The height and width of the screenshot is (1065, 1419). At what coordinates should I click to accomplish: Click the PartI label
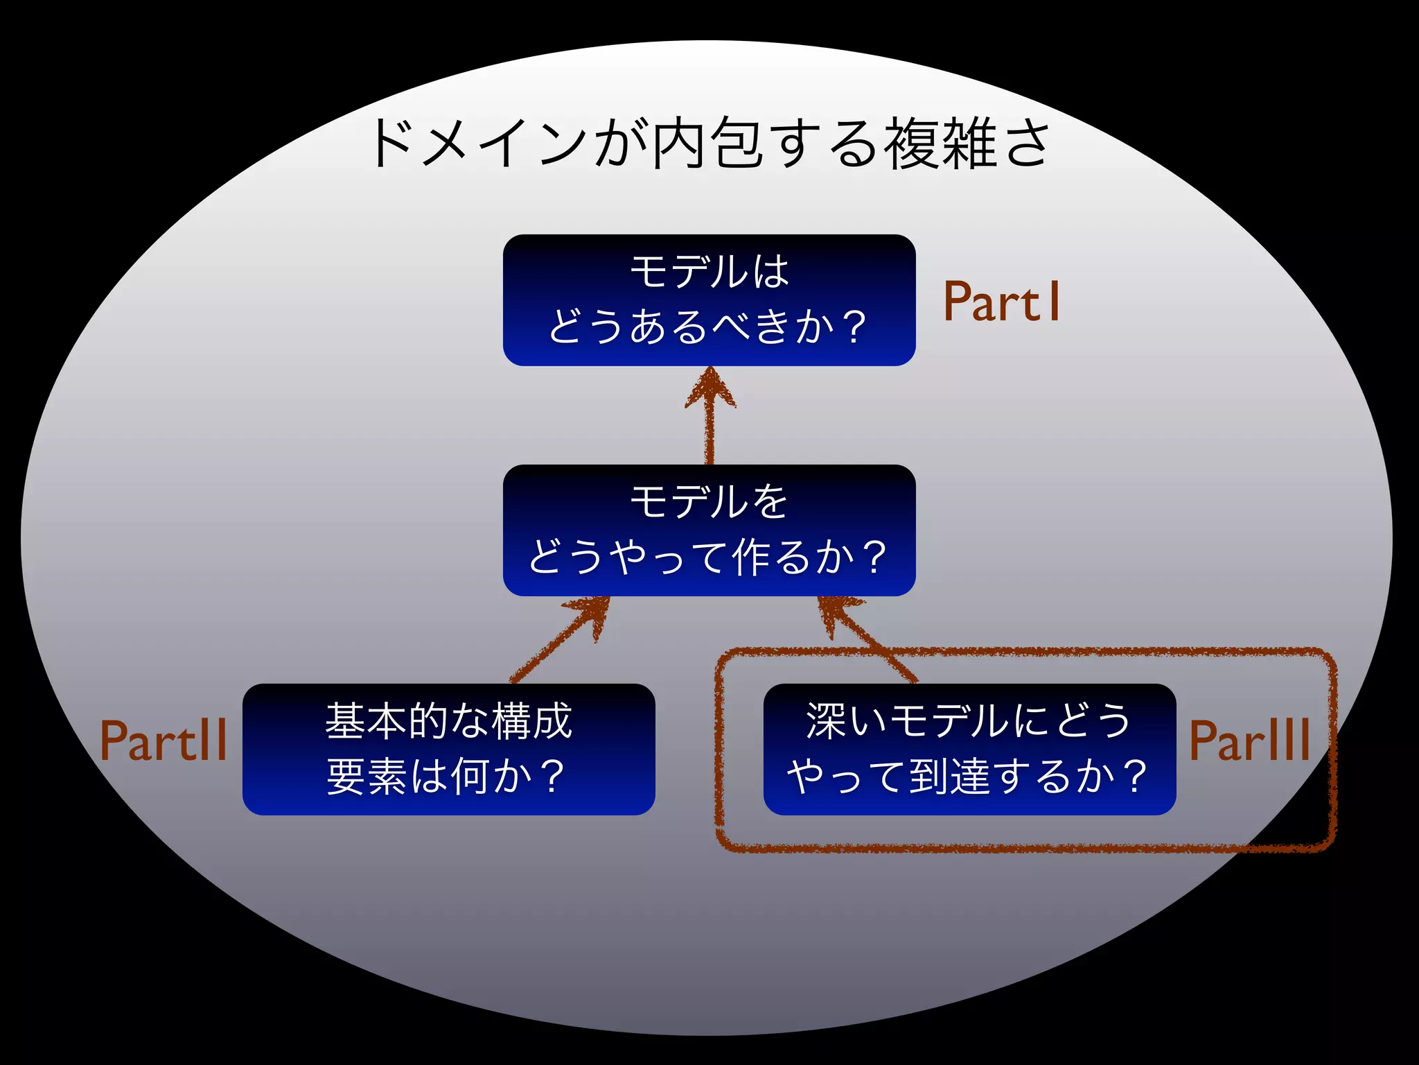(x=1001, y=302)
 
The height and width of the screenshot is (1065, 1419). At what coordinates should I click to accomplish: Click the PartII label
(x=164, y=741)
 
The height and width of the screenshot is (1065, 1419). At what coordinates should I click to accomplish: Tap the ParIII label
(x=1249, y=741)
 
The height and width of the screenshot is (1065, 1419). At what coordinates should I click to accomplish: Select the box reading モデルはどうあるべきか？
(x=709, y=300)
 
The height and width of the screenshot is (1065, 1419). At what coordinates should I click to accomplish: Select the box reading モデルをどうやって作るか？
(x=709, y=530)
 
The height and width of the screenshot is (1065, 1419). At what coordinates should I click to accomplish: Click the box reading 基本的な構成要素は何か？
(x=448, y=749)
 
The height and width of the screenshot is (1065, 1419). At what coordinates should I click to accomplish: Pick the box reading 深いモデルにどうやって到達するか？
(x=969, y=749)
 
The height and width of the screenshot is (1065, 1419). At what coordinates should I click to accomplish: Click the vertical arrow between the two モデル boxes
(x=709, y=430)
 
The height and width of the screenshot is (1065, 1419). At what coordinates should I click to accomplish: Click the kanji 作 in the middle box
(x=751, y=557)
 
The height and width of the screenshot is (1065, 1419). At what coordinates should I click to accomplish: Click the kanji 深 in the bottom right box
(x=825, y=721)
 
